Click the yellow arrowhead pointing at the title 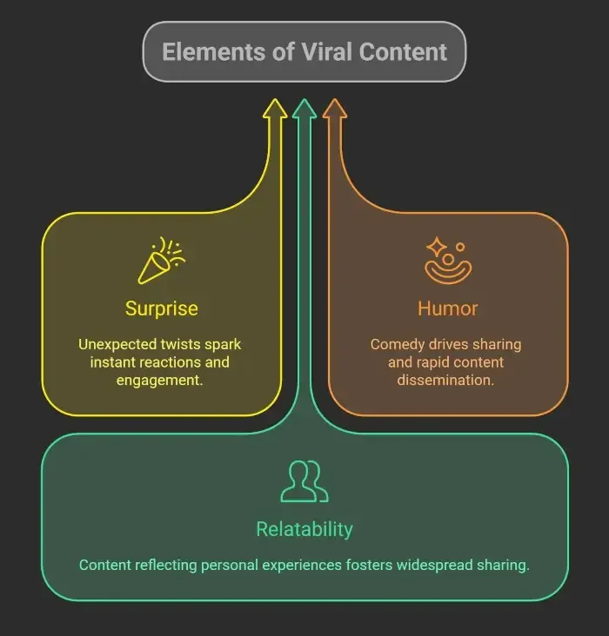(275, 110)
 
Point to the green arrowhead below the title (304, 110)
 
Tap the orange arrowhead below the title (334, 110)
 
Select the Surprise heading (161, 308)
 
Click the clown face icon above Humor (447, 261)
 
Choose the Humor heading (447, 308)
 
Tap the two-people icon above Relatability (304, 481)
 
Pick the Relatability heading (304, 529)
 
